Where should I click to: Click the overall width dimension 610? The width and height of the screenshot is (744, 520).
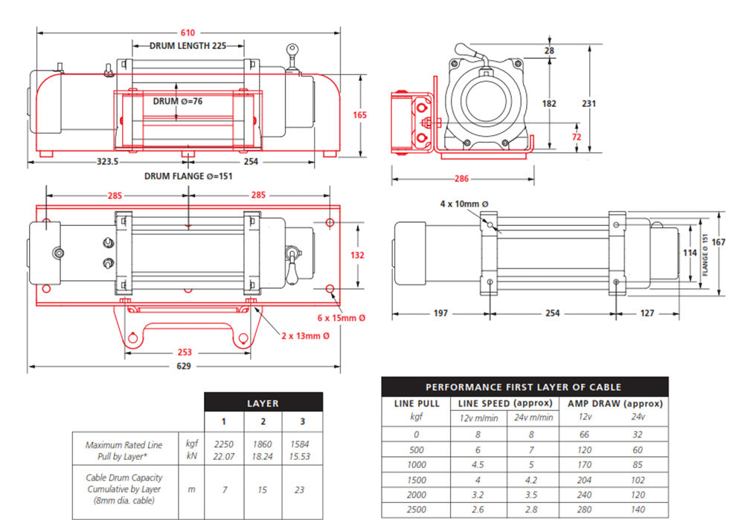pos(187,33)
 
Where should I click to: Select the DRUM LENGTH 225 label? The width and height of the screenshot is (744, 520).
pos(187,45)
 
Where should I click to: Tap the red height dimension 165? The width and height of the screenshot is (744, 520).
pos(360,115)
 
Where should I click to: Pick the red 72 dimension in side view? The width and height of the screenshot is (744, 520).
pos(576,137)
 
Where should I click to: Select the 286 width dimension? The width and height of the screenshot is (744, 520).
pos(461,179)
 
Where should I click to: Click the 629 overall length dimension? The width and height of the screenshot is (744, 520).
pos(184,366)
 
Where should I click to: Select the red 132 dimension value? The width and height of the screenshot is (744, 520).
pos(358,256)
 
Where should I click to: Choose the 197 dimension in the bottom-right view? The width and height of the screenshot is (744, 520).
pos(440,313)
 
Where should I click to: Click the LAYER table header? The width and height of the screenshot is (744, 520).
pos(263,403)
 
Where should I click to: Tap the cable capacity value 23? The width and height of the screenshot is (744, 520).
pos(301,490)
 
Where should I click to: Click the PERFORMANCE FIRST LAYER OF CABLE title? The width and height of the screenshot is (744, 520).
pos(523,386)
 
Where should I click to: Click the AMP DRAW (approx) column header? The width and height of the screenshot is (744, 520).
pos(615,403)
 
